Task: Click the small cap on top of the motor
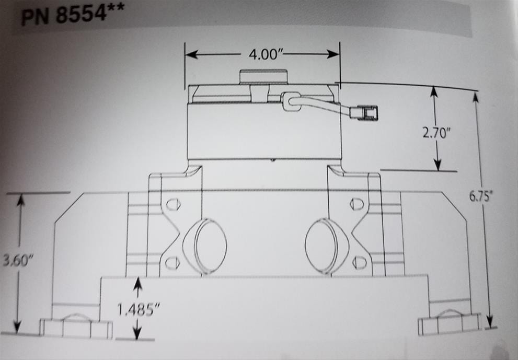[x=263, y=77]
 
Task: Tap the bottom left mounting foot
[x=76, y=327]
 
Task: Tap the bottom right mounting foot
[x=450, y=324]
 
